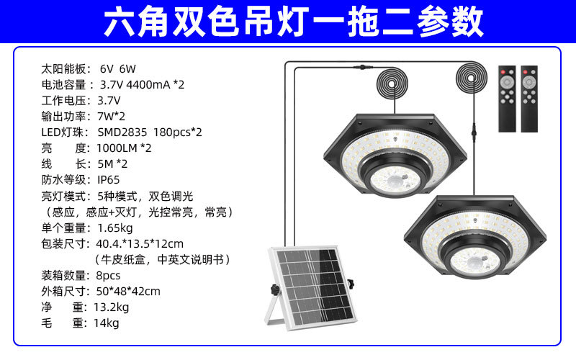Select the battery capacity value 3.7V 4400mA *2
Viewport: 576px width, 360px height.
pos(142,85)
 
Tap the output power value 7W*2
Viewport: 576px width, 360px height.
pos(111,116)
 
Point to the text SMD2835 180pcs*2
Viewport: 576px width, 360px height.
pos(150,132)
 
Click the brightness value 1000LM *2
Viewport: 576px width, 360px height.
pos(124,148)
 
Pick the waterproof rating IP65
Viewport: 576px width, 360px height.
pos(109,179)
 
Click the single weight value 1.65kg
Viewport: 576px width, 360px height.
pos(114,227)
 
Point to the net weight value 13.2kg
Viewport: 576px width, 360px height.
pos(112,307)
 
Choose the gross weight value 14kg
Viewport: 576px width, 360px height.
pos(106,323)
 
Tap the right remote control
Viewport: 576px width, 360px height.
pos(530,98)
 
